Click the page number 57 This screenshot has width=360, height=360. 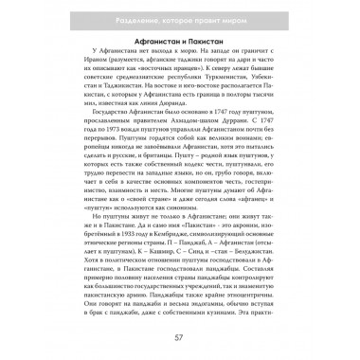180,338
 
